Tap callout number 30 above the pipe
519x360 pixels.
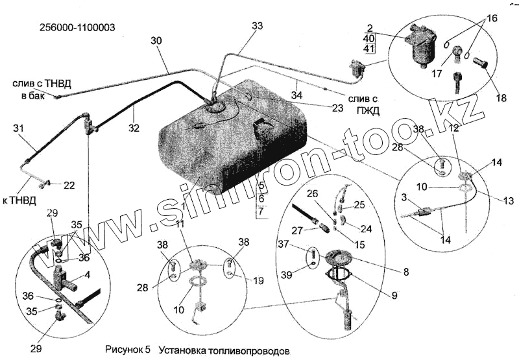(156, 41)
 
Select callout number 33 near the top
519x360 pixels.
(258, 26)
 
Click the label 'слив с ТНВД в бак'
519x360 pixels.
(38, 90)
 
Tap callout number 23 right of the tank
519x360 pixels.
(337, 108)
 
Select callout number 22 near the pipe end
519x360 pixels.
(69, 186)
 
